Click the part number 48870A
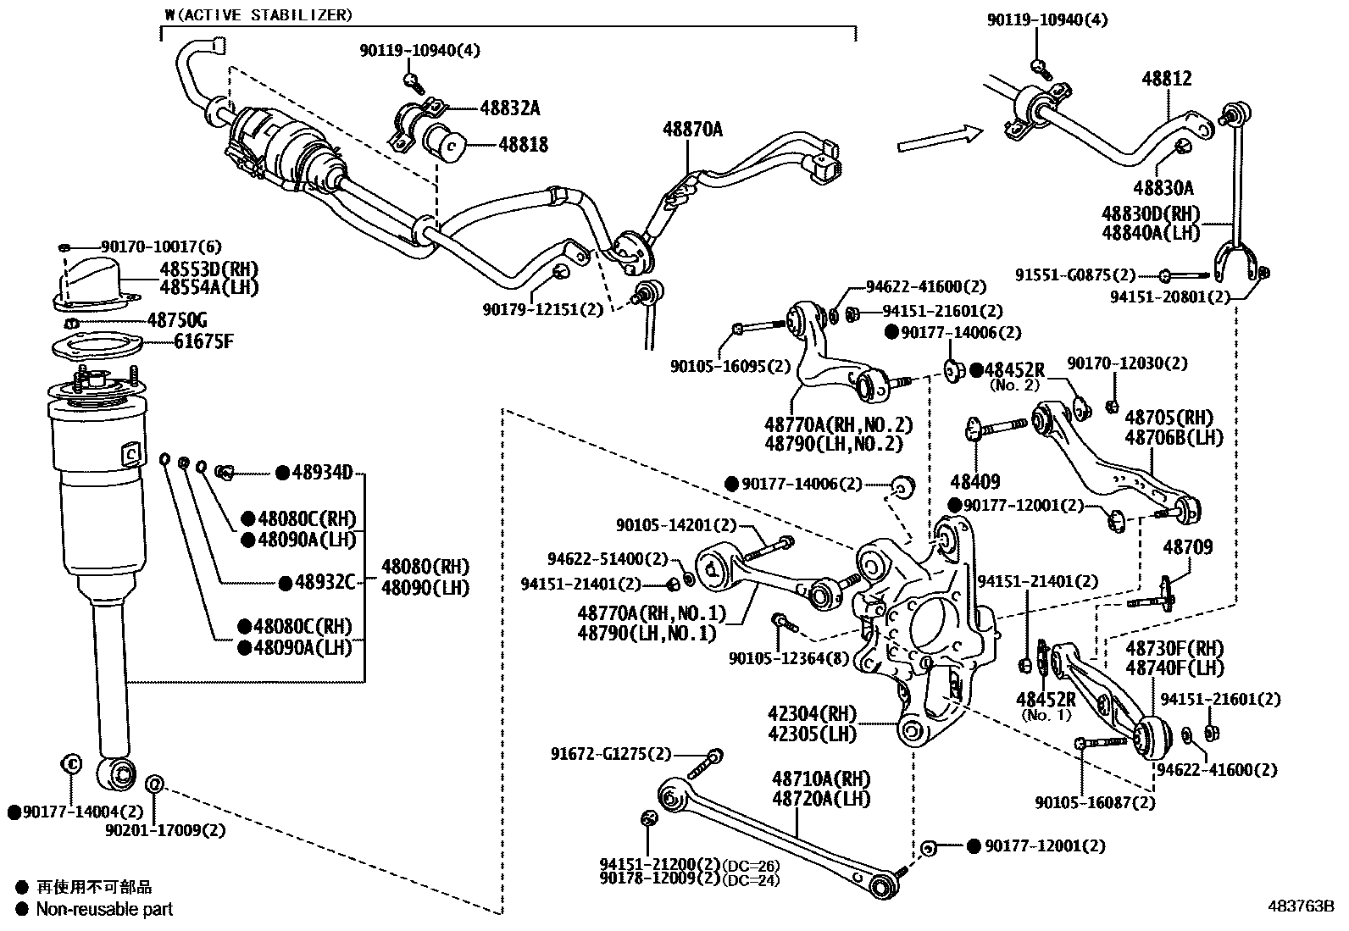point(692,130)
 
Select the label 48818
point(522,145)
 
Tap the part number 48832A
point(509,108)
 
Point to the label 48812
point(1166,79)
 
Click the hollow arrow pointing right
point(939,138)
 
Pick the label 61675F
point(203,342)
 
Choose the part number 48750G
point(177,320)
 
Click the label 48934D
point(322,473)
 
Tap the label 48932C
point(322,582)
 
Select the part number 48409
point(974,481)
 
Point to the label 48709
point(1187,547)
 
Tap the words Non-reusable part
point(104,910)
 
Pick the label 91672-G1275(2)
point(610,753)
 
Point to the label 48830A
point(1163,187)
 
